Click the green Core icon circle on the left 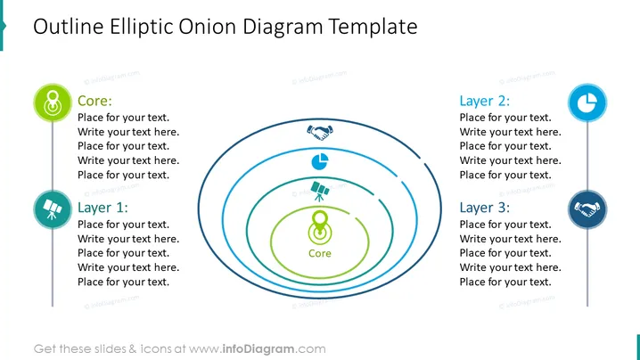(53, 102)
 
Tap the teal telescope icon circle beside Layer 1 (53, 209)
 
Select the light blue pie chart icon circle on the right (587, 102)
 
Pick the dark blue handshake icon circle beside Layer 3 (587, 209)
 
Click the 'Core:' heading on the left (94, 101)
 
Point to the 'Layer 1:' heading (103, 208)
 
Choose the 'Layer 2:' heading (485, 101)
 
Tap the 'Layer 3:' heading (485, 208)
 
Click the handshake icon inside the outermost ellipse (320, 132)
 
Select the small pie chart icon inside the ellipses (320, 161)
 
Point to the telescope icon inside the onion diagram (320, 191)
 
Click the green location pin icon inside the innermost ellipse (320, 228)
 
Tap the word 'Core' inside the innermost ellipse (320, 253)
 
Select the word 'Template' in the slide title (373, 28)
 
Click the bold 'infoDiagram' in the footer (258, 349)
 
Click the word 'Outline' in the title (69, 27)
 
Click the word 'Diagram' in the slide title (283, 28)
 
